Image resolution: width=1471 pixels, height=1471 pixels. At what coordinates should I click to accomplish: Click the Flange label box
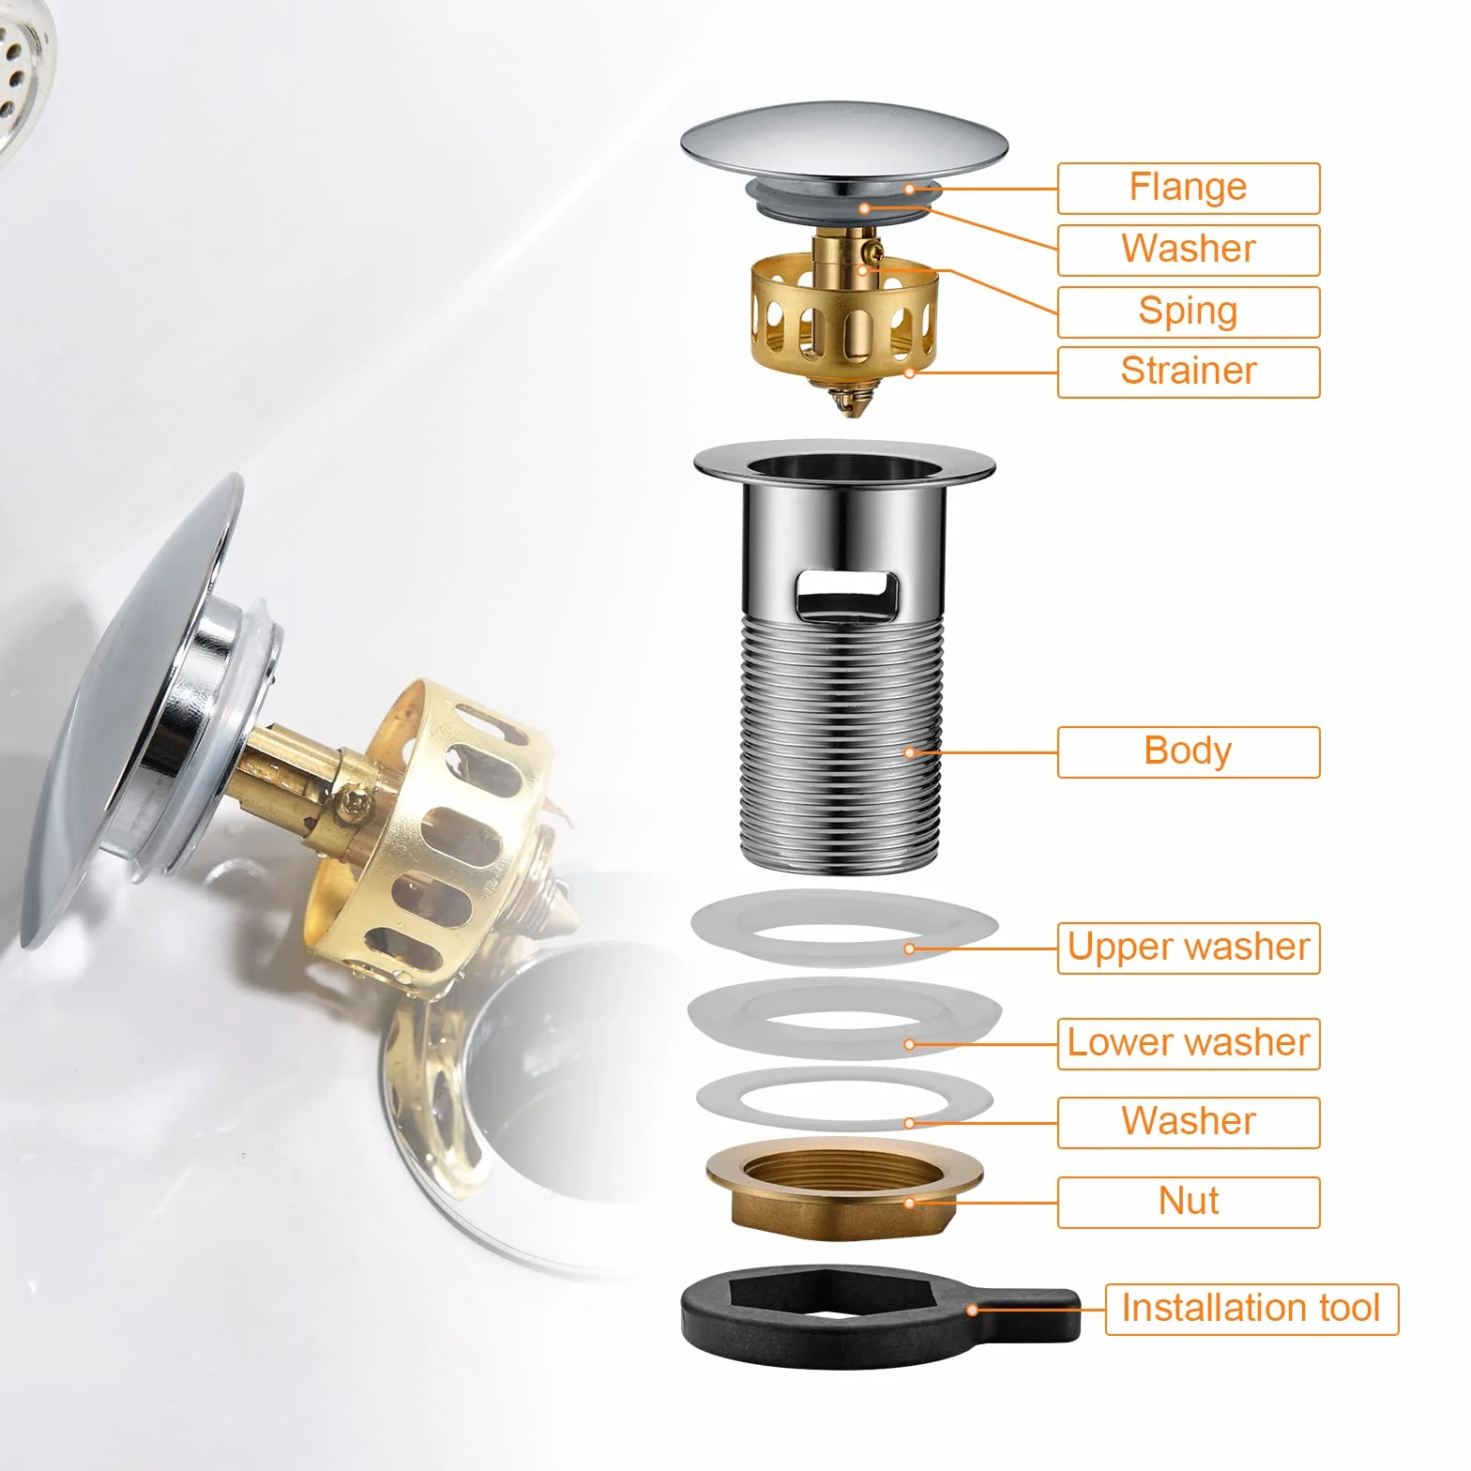[x=1189, y=188]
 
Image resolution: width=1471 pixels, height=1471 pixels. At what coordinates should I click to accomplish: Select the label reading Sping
[x=1189, y=311]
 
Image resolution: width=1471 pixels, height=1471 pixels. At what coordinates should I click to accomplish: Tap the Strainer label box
[x=1189, y=372]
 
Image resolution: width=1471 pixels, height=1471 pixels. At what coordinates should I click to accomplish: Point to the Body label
[x=1189, y=751]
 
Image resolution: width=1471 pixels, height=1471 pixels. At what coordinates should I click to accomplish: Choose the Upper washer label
[x=1189, y=948]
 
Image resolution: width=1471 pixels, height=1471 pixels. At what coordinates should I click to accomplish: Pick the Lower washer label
[x=1189, y=1043]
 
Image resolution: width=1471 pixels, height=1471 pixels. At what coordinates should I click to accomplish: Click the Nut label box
[x=1189, y=1202]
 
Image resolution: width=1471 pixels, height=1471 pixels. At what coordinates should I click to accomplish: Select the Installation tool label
[x=1251, y=1309]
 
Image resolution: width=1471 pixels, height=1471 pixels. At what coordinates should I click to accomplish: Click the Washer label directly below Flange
[x=1189, y=250]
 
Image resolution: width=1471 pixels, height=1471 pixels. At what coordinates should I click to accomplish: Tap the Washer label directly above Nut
[x=1189, y=1122]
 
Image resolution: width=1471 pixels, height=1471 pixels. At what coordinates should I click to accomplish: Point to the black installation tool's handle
[x=1032, y=1312]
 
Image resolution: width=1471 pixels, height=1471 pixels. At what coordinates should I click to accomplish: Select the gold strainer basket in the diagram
[x=843, y=314]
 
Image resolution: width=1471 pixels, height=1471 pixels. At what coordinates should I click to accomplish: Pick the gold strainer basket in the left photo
[x=432, y=826]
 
